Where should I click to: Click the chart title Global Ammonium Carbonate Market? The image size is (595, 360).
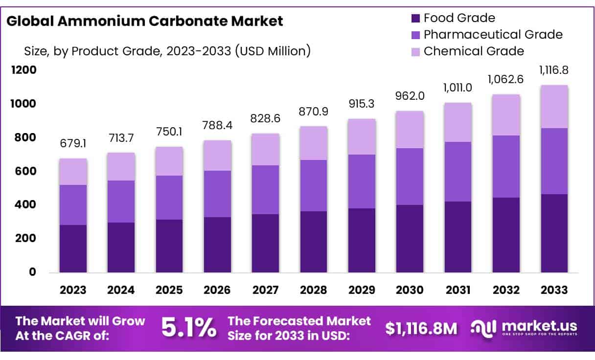[145, 21]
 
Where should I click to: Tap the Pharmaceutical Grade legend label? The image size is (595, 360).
[493, 35]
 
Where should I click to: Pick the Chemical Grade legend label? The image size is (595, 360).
[474, 51]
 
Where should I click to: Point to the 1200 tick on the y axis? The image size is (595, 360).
[24, 70]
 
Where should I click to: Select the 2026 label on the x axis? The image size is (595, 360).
[217, 290]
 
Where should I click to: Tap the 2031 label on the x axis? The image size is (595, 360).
[458, 290]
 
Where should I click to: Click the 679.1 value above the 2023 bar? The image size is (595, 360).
[73, 145]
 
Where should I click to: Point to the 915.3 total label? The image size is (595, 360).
[362, 105]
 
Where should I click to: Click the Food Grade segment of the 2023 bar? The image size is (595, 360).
[73, 248]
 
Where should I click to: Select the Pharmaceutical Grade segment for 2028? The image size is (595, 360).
[314, 185]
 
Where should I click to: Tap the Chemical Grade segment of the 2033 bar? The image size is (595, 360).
[554, 107]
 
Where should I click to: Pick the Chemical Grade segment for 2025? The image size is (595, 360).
[169, 161]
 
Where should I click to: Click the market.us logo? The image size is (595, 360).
[524, 328]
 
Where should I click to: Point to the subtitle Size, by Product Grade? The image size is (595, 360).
[167, 50]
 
